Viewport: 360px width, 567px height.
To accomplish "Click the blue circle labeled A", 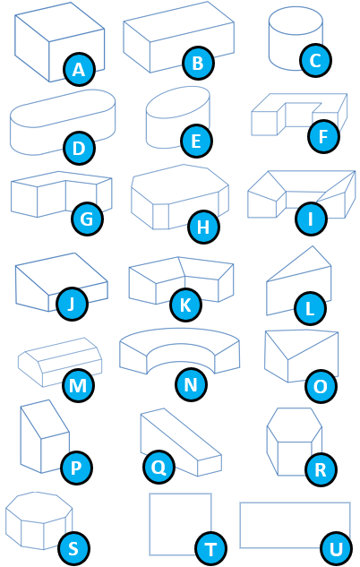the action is (x=79, y=69).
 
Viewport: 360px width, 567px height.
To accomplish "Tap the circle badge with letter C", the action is (x=315, y=60).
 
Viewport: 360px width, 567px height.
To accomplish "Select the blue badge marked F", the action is (x=323, y=137).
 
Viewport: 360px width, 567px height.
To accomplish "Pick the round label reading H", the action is (x=203, y=228).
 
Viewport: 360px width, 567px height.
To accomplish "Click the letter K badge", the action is (x=185, y=305).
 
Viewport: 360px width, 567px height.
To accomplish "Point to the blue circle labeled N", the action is (x=192, y=384).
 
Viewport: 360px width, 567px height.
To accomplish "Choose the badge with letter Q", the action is (x=159, y=468).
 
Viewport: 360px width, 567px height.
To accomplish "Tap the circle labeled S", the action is (x=73, y=548).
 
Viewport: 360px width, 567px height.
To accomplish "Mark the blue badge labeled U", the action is (x=336, y=548).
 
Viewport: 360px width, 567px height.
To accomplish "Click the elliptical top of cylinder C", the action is (x=296, y=21).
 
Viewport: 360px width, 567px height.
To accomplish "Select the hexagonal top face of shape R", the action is (x=295, y=425).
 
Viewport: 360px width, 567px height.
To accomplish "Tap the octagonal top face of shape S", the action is (x=39, y=507).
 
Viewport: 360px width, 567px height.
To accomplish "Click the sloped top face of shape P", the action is (x=45, y=419).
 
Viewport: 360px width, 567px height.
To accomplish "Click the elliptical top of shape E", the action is (x=178, y=102).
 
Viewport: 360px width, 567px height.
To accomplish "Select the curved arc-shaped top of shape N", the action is (x=180, y=342).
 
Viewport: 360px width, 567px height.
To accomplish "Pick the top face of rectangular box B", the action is (x=178, y=22).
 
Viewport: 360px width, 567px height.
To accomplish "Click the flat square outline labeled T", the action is (x=180, y=524).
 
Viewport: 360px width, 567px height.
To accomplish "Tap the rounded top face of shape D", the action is (x=63, y=108).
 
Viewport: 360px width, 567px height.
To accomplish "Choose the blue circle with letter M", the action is (x=78, y=385).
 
